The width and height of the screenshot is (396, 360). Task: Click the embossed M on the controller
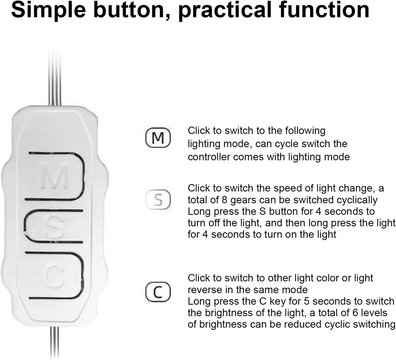click(54, 176)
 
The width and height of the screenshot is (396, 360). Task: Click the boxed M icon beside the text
click(158, 138)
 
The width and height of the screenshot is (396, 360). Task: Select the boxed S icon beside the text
click(158, 199)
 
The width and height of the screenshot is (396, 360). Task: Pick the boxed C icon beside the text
click(158, 292)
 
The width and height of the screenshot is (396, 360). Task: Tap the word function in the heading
click(324, 10)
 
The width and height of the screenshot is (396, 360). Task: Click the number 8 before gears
click(224, 200)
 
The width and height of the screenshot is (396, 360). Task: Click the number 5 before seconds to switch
click(307, 301)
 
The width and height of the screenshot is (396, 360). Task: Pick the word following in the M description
click(305, 131)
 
